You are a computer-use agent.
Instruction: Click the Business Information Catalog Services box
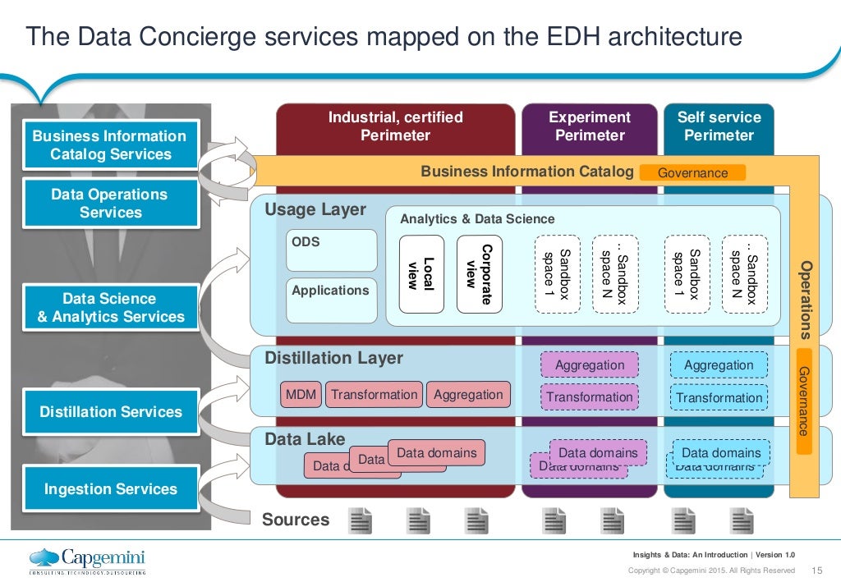(110, 145)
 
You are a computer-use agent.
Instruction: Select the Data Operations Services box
(110, 204)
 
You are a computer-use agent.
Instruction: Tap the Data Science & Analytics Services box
(110, 308)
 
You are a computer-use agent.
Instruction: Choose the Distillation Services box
(110, 412)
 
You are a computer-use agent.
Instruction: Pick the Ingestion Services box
(110, 489)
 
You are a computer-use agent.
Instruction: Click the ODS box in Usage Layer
(331, 250)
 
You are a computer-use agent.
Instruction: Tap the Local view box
(420, 274)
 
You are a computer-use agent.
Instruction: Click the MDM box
(301, 395)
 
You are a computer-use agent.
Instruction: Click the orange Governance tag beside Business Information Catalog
(692, 173)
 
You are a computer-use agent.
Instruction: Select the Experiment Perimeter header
(590, 126)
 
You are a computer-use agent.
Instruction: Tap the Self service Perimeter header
(719, 126)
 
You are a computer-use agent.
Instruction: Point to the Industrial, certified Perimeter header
(395, 126)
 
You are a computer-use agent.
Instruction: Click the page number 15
(816, 571)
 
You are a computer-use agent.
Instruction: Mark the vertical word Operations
(806, 300)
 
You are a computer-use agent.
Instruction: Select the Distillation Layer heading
(333, 359)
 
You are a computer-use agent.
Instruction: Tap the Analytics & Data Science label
(477, 219)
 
